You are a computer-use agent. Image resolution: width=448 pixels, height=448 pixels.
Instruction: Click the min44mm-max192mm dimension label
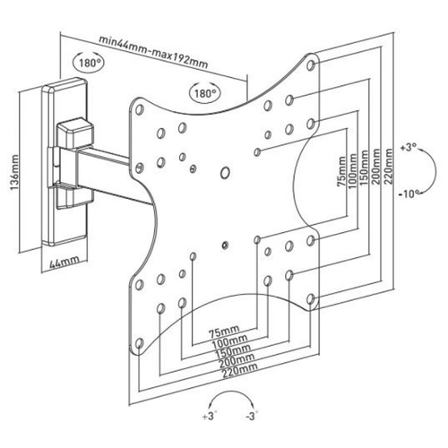click(x=153, y=52)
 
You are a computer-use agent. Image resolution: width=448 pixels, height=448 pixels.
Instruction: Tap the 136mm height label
click(x=14, y=173)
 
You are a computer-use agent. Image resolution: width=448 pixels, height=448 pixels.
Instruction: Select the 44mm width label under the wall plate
click(x=64, y=261)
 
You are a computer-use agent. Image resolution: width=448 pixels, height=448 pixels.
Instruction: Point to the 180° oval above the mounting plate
click(x=205, y=92)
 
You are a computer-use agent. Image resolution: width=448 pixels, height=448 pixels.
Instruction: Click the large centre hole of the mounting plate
click(x=225, y=173)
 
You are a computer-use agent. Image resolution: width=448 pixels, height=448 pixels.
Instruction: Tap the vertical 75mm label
click(x=341, y=171)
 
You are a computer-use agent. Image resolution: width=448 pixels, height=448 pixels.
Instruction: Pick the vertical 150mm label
click(x=365, y=168)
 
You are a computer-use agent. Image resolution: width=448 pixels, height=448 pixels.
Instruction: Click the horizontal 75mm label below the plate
click(x=224, y=331)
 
